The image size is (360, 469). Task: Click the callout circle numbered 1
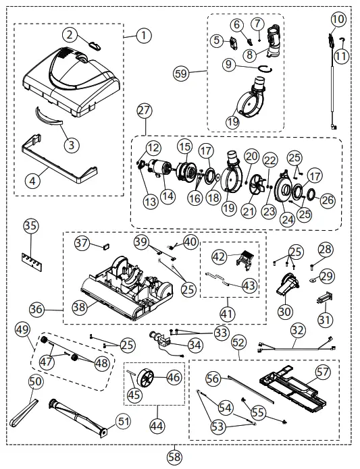143,36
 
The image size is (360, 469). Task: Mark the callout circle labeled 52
239,342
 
